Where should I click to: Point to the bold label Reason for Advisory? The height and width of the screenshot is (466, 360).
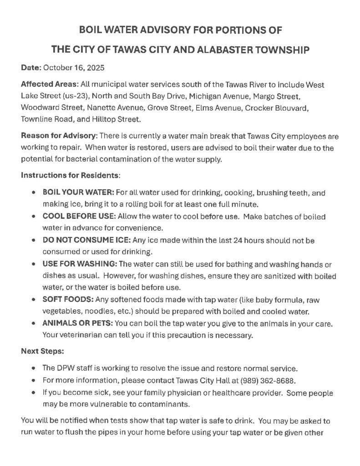pyautogui.click(x=59, y=136)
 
